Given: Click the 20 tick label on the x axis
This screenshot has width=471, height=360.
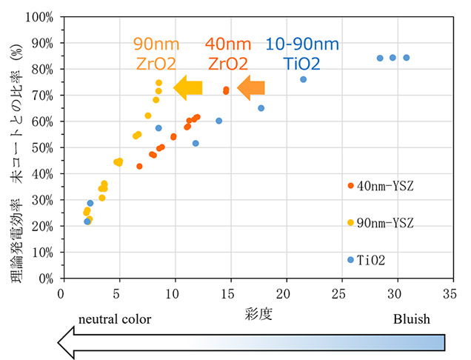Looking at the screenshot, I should click(x=286, y=293).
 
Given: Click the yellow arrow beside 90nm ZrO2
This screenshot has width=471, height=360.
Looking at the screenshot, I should click(x=188, y=87).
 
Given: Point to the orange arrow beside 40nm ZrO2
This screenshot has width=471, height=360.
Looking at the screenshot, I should click(x=251, y=88).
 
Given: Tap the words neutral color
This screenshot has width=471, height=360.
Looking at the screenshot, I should click(x=115, y=319).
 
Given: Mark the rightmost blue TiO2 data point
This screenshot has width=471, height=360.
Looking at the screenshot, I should click(x=406, y=58).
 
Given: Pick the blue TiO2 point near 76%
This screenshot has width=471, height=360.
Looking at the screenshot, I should click(x=304, y=79).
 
